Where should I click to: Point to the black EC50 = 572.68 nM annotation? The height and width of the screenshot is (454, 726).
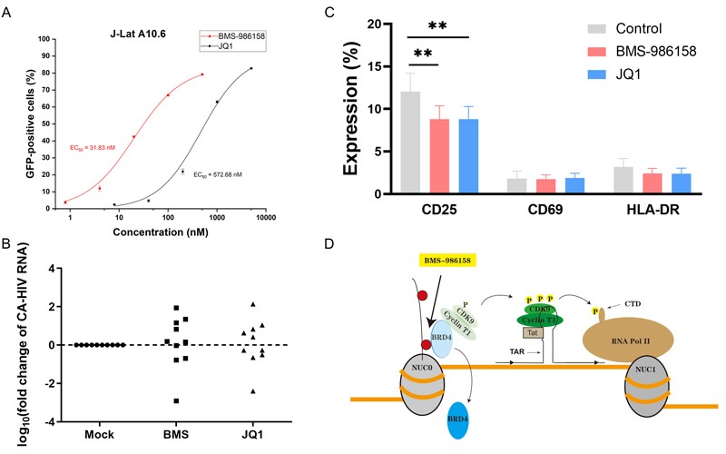[x=217, y=174]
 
